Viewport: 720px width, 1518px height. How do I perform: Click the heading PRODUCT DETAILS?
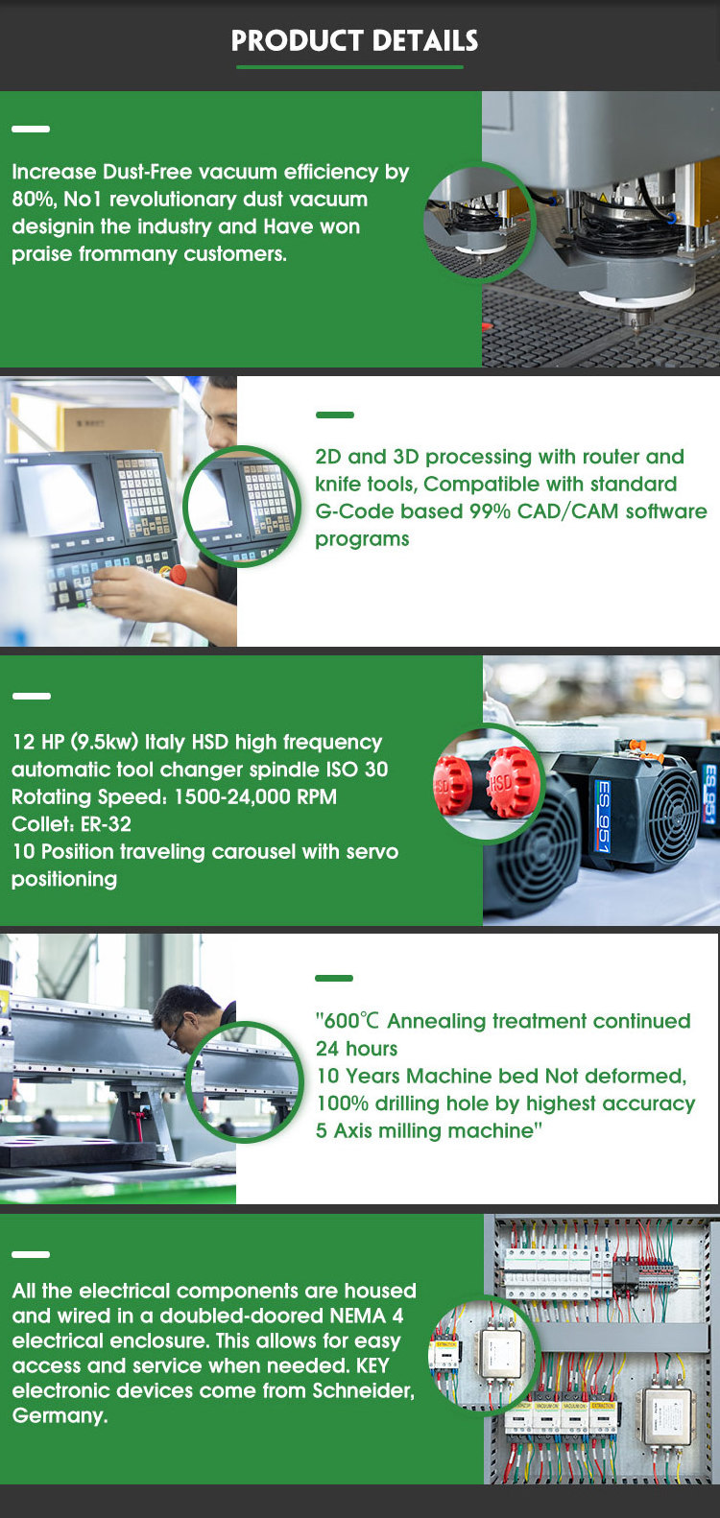(354, 40)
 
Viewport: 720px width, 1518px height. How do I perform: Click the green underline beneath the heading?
(349, 66)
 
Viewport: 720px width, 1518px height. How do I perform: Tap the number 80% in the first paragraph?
(33, 200)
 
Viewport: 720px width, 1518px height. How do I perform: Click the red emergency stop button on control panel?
(178, 574)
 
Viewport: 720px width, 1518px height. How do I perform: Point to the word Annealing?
(437, 1021)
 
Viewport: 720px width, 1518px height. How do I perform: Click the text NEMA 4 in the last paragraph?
(367, 1316)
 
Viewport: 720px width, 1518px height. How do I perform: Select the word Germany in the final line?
(60, 1416)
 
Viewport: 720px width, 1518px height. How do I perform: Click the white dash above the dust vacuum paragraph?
(31, 129)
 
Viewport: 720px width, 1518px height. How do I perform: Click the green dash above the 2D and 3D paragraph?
(335, 415)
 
